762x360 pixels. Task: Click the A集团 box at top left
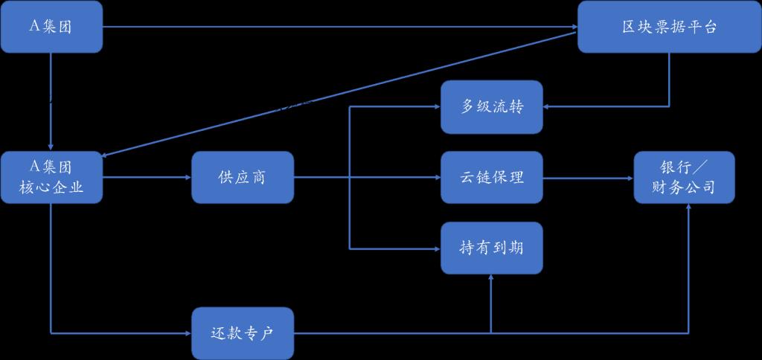[x=51, y=27]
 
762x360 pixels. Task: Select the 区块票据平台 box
[x=669, y=27]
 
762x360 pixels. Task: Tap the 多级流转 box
[x=492, y=107]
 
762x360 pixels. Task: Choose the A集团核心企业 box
[x=51, y=177]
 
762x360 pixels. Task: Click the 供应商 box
[x=243, y=177]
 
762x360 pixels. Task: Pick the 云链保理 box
[x=492, y=177]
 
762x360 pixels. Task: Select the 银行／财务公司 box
[x=684, y=177]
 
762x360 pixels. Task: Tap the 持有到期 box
[x=492, y=248]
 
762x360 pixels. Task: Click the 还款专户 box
[x=243, y=332]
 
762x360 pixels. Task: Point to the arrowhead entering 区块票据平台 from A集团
[x=573, y=27]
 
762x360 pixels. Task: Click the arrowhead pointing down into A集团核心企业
[x=51, y=147]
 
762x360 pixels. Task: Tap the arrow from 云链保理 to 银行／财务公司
[x=588, y=177]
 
